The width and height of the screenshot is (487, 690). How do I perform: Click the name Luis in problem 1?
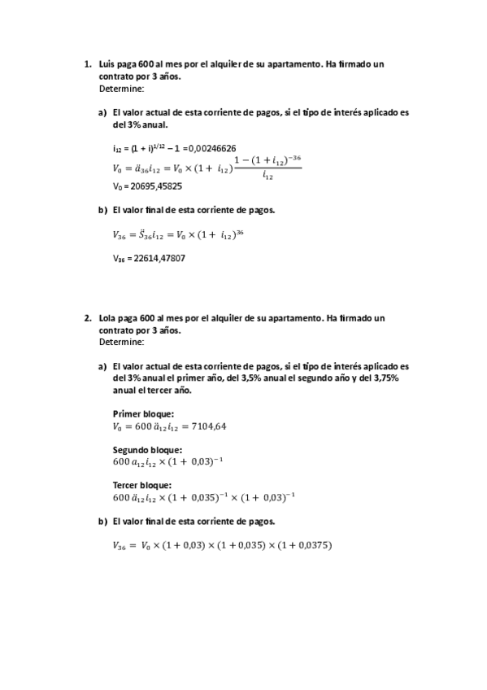click(x=106, y=64)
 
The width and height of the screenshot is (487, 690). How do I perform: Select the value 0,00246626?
click(x=211, y=148)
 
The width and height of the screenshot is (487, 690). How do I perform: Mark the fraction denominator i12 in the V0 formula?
click(x=268, y=176)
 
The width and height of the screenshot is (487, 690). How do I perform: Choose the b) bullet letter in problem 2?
click(x=102, y=521)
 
